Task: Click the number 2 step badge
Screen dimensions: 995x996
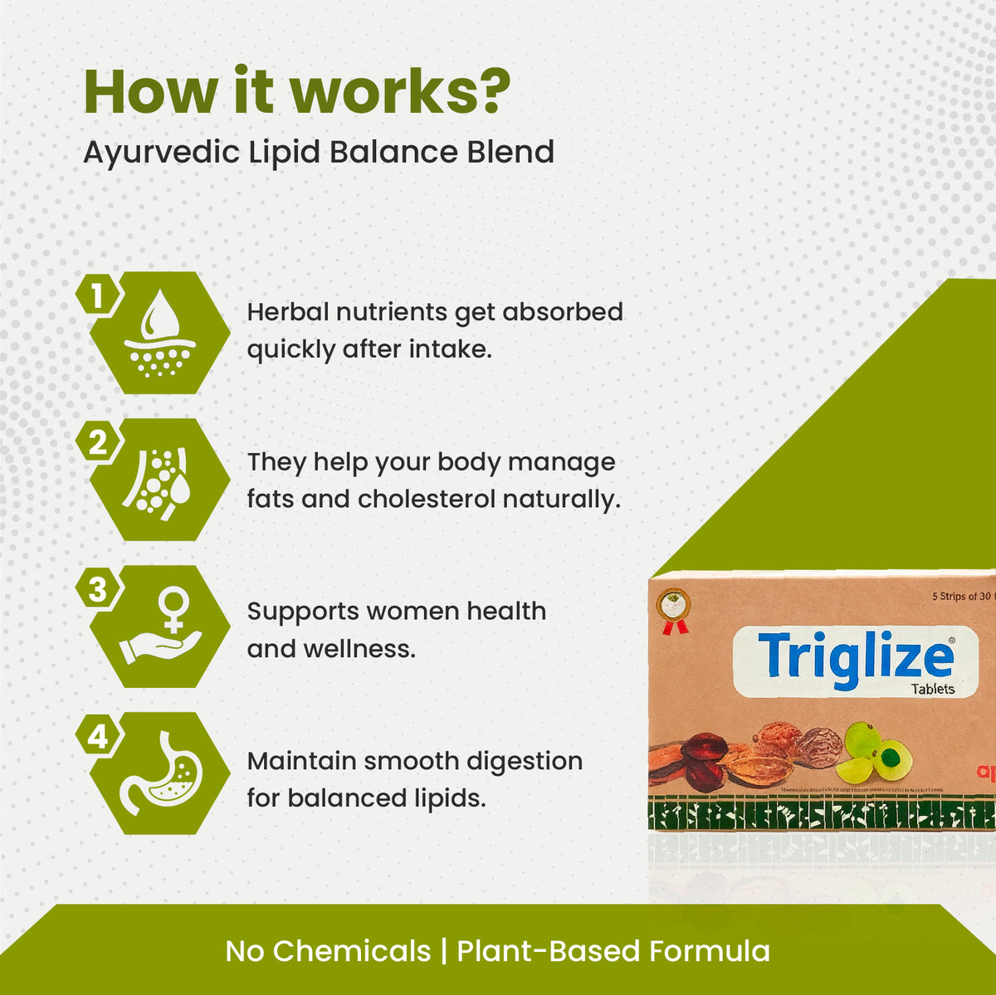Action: [x=98, y=442]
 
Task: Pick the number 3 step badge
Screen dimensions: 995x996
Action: [x=98, y=589]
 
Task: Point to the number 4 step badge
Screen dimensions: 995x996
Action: [x=98, y=736]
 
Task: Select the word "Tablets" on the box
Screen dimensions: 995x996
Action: [x=933, y=690]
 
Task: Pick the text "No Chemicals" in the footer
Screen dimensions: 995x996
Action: [x=328, y=951]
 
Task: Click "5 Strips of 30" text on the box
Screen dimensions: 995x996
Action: [x=963, y=597]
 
